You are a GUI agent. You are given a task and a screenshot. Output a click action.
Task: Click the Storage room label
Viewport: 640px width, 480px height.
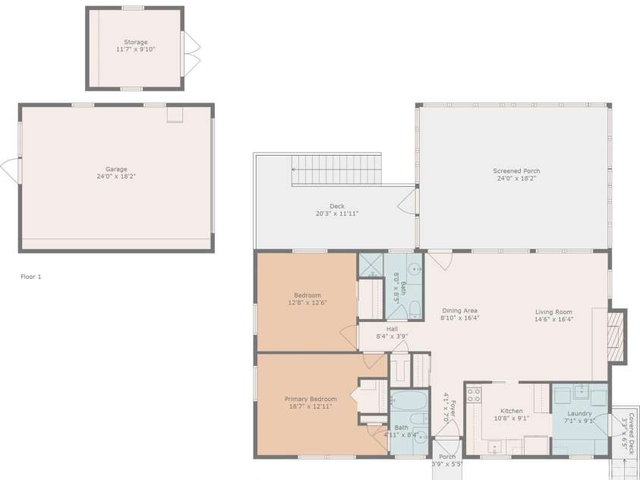coord(136,42)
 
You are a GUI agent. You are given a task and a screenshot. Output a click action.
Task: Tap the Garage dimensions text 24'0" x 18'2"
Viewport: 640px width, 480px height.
coord(116,176)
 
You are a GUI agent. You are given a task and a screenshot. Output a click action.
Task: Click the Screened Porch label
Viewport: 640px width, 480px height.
coord(516,171)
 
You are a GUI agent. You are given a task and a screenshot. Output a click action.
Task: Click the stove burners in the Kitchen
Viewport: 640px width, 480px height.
coord(473,395)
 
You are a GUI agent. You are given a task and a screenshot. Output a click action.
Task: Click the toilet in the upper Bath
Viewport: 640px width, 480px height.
coord(415,308)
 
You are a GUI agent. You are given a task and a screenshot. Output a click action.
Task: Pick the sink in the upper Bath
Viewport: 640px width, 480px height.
coord(415,268)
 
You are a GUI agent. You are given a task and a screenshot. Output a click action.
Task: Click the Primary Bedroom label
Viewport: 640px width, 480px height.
coord(311,399)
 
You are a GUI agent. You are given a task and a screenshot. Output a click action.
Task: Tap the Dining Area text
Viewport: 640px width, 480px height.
coord(459,311)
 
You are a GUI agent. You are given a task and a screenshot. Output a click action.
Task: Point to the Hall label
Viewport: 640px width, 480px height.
coord(392,329)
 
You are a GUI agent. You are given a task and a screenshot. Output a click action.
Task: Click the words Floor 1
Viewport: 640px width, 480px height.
coord(30,276)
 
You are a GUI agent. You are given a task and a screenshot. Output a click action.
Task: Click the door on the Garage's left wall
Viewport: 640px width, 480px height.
coord(11,171)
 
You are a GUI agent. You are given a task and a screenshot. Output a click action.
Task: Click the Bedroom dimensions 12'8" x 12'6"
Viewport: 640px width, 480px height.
coord(307,303)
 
